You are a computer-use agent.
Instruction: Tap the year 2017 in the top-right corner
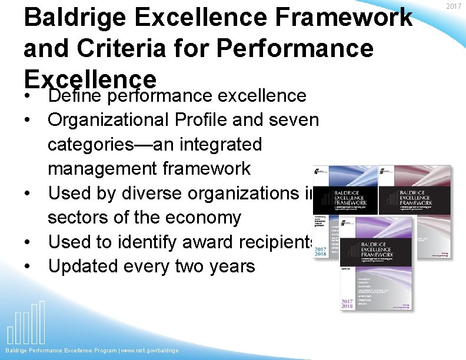(453, 6)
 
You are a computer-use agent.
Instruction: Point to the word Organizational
(110, 120)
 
